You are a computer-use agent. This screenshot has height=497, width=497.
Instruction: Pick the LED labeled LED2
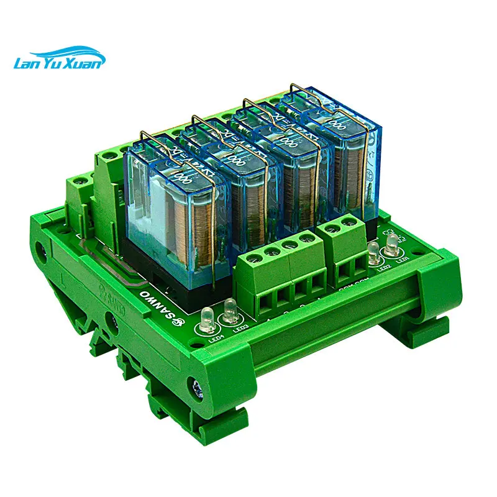click(x=373, y=253)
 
